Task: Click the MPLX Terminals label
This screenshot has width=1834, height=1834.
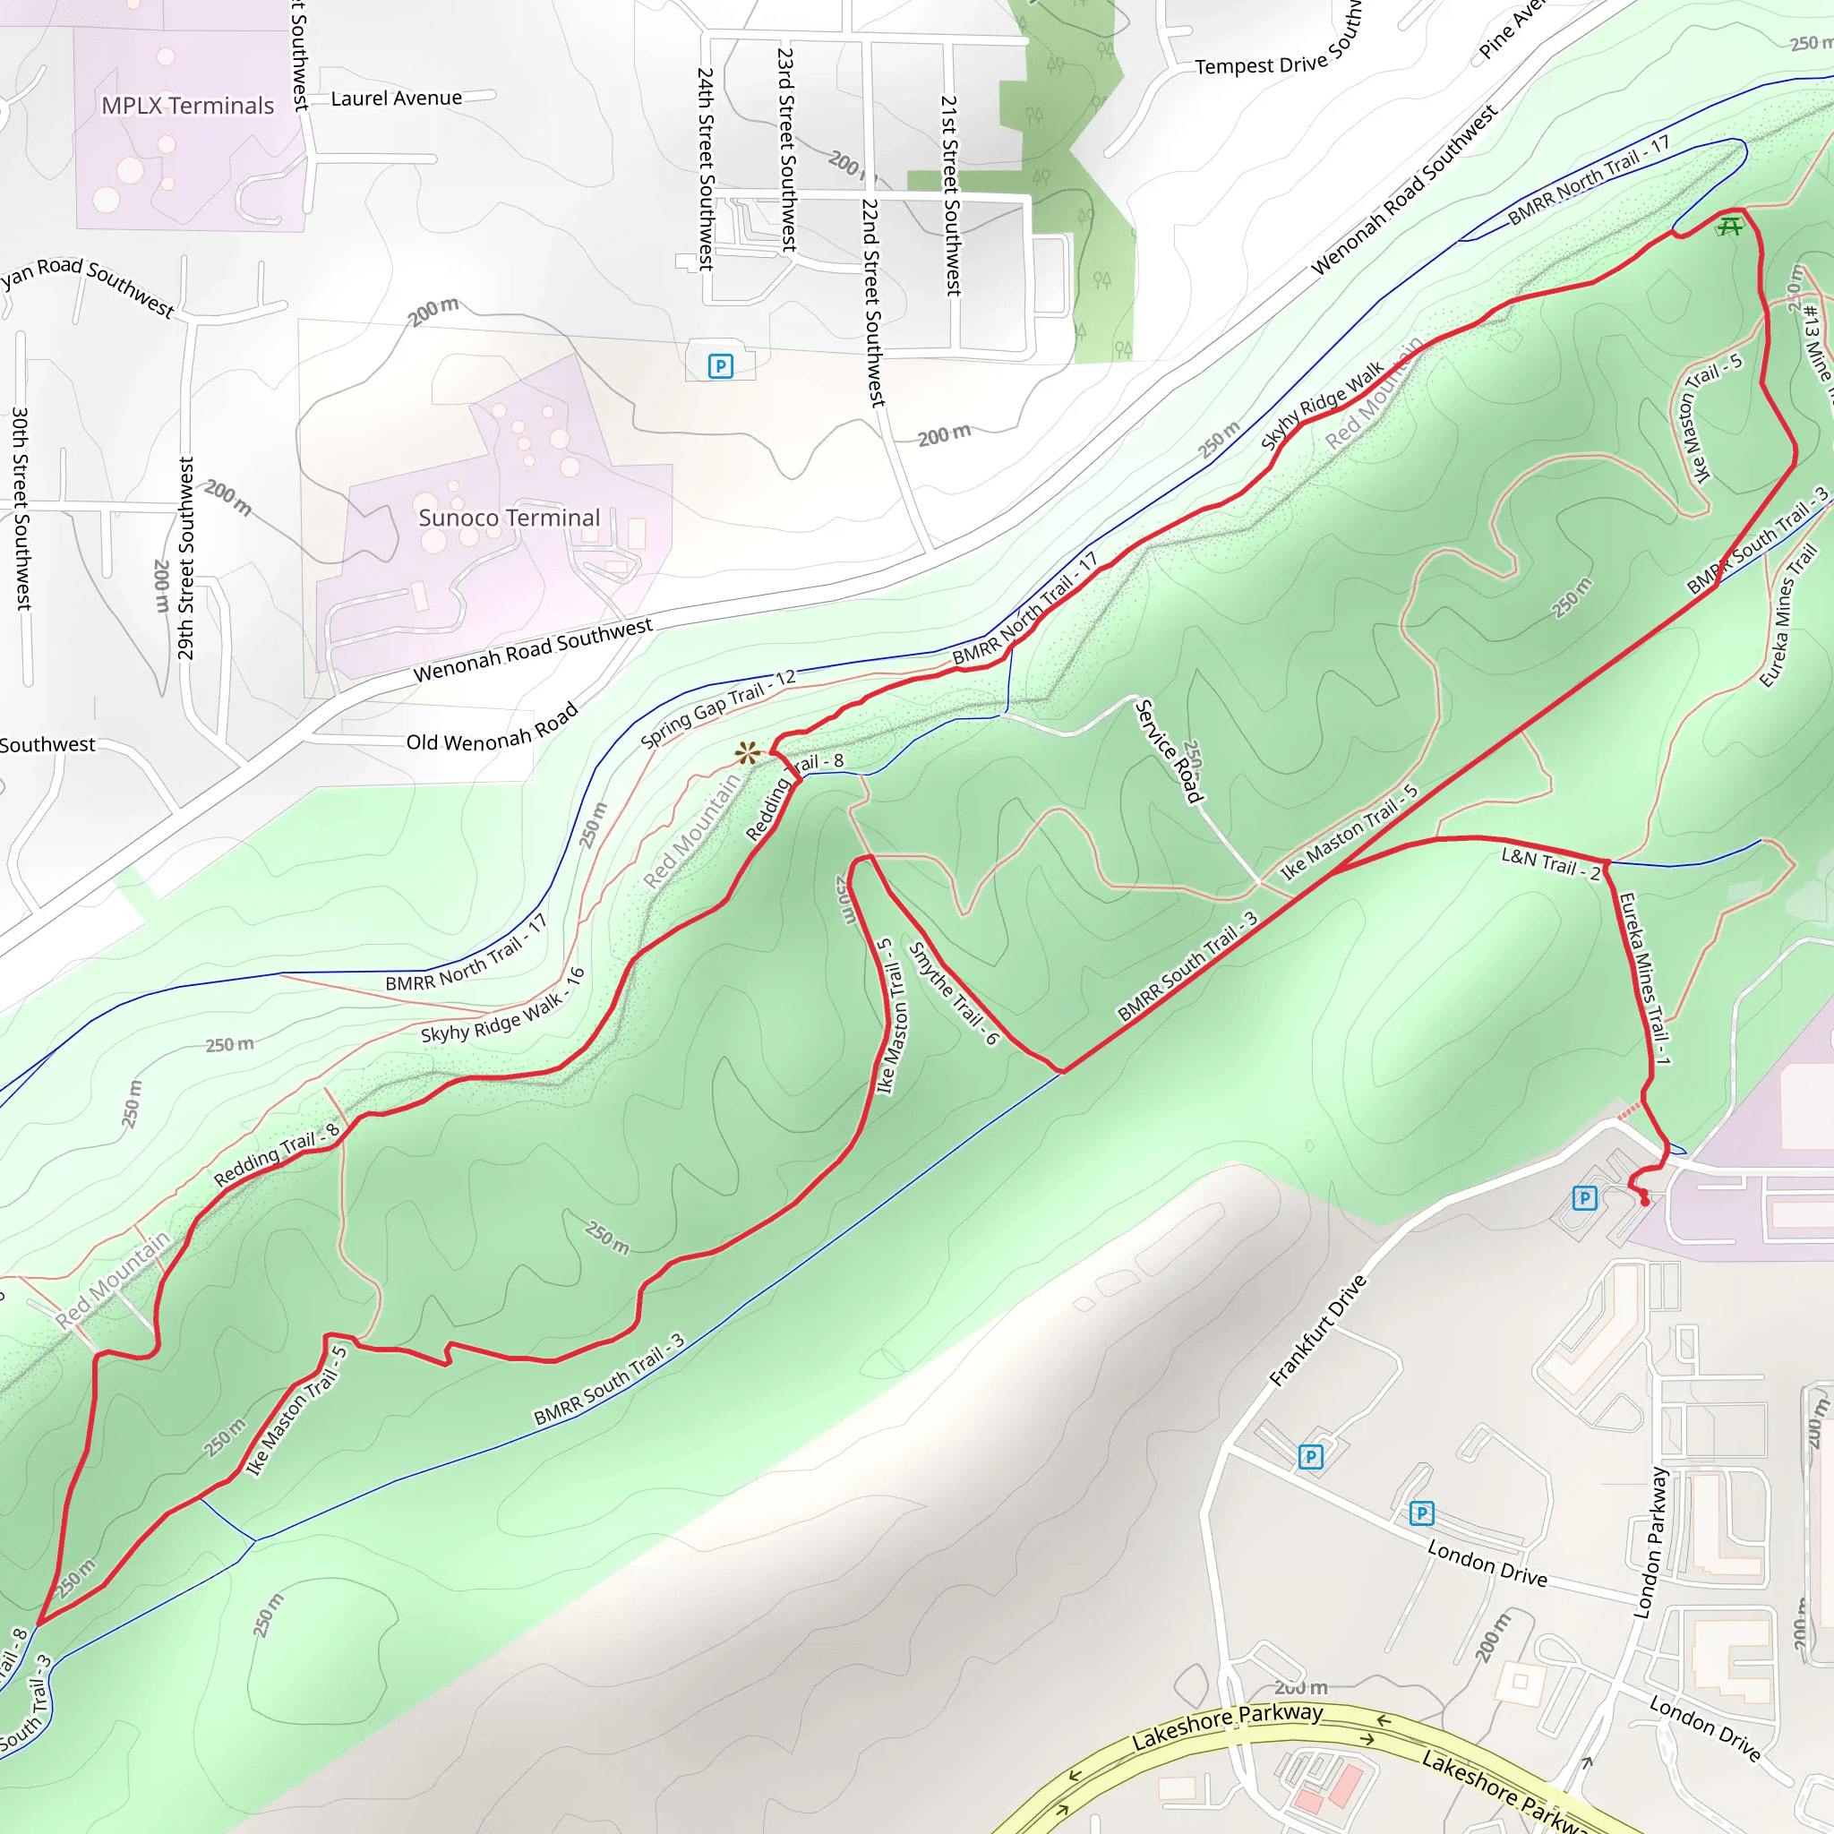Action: [x=187, y=106]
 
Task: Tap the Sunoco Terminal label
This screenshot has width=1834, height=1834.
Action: [x=509, y=518]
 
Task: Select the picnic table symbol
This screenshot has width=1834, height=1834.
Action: [x=1729, y=226]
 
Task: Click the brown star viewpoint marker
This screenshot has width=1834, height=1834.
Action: [x=748, y=754]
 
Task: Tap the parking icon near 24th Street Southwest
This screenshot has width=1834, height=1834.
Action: [x=721, y=365]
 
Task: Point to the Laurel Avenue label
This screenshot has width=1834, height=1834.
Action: [x=396, y=98]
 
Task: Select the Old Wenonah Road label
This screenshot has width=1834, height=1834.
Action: [x=492, y=728]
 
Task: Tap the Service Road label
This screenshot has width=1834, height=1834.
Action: [x=1170, y=750]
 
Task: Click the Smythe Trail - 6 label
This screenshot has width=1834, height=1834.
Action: [x=954, y=993]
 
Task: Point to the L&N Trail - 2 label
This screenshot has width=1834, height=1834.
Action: [x=1550, y=863]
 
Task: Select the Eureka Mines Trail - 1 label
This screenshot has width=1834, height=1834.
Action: [x=1644, y=977]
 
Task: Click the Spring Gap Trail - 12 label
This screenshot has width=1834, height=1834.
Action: [x=717, y=708]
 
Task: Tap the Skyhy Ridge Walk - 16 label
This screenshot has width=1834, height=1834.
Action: [x=502, y=1007]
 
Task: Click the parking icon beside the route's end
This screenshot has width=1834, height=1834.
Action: [x=1584, y=1198]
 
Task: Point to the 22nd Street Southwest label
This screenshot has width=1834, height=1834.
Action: [x=872, y=302]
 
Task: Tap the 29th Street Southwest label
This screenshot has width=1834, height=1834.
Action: [x=186, y=558]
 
